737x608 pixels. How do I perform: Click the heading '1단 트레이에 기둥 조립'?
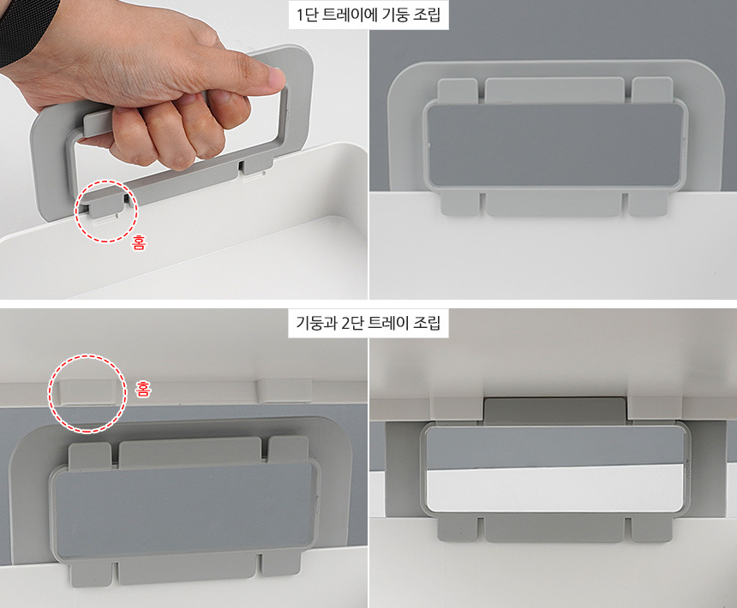pos(368,15)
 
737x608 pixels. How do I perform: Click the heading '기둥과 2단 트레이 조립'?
pos(368,323)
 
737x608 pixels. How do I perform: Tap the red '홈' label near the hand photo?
pos(139,242)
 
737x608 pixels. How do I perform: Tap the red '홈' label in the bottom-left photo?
pos(143,389)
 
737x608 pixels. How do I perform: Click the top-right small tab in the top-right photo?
pos(652,88)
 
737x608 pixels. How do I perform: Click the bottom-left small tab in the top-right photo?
pos(460,203)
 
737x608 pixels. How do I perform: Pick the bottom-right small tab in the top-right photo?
pos(648,204)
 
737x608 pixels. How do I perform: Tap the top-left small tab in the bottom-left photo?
pos(90,454)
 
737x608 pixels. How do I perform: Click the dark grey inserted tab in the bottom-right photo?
pos(554,410)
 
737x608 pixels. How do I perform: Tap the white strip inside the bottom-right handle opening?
pos(555,488)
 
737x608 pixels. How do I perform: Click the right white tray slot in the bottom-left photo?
pos(285,391)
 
